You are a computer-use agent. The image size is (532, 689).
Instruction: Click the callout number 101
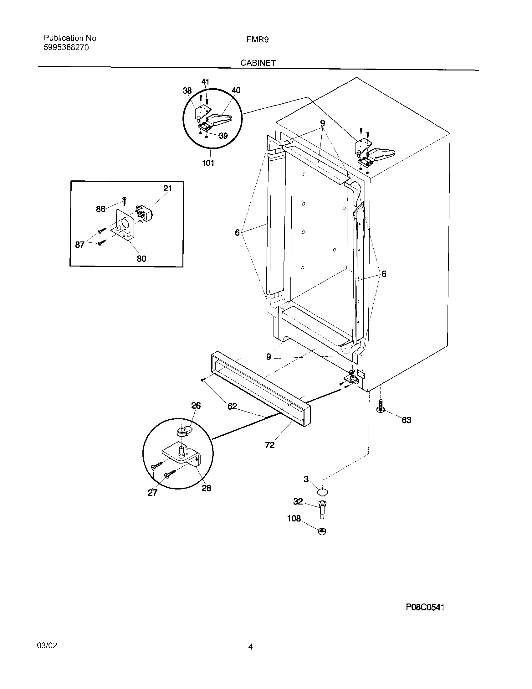pyautogui.click(x=208, y=163)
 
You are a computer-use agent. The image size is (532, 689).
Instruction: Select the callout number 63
pyautogui.click(x=406, y=420)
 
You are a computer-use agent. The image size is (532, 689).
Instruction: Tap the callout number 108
pyautogui.click(x=294, y=518)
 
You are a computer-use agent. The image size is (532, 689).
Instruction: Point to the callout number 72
pyautogui.click(x=270, y=445)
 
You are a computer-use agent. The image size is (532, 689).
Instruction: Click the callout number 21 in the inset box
pyautogui.click(x=167, y=188)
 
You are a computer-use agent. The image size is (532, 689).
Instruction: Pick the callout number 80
pyautogui.click(x=141, y=259)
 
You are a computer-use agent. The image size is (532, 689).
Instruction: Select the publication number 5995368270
pyautogui.click(x=66, y=48)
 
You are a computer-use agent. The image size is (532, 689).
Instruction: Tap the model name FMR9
pyautogui.click(x=258, y=40)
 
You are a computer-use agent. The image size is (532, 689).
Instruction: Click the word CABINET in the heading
pyautogui.click(x=258, y=63)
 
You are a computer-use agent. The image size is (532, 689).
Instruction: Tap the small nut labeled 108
pyautogui.click(x=322, y=531)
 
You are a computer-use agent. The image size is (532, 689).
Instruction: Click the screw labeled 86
pyautogui.click(x=125, y=199)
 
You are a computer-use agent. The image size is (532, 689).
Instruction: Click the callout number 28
pyautogui.click(x=206, y=488)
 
